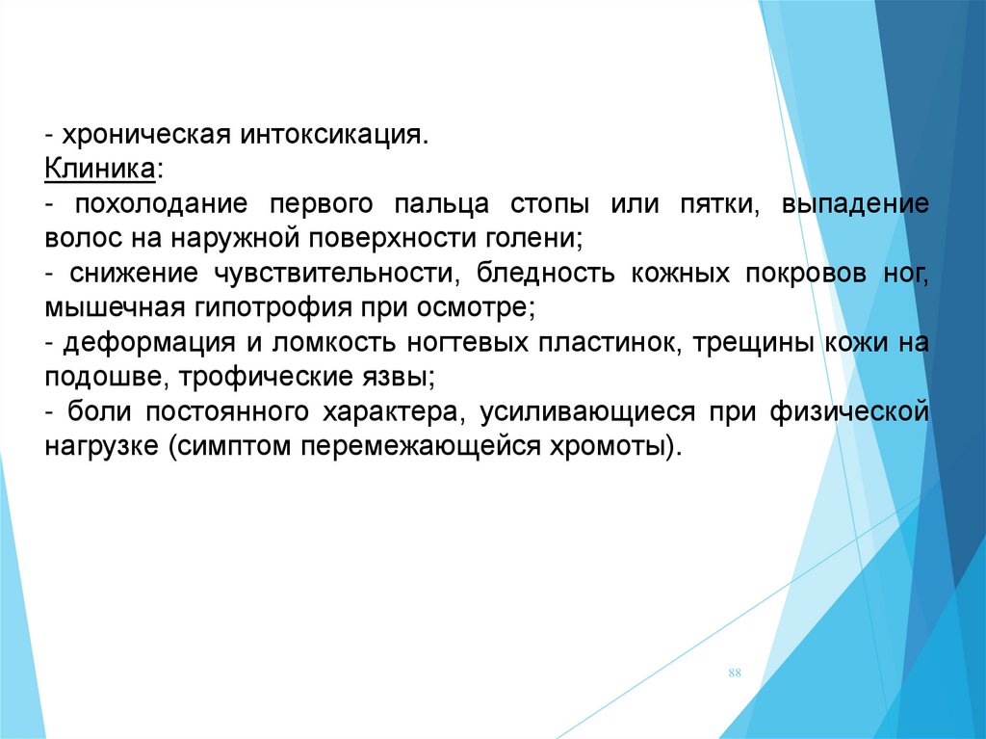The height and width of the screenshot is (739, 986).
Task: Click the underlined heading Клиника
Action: tap(100, 170)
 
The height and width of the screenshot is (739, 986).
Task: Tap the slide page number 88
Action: tap(735, 673)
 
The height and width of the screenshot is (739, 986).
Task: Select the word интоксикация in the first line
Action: tap(331, 135)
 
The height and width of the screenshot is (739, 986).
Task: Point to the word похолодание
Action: tap(161, 204)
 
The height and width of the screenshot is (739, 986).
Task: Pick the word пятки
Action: tap(719, 204)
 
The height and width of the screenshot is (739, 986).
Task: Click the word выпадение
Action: tap(855, 204)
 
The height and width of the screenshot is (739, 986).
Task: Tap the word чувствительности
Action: tap(333, 274)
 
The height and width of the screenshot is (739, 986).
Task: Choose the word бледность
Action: tap(545, 273)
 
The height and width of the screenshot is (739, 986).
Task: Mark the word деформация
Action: tap(149, 343)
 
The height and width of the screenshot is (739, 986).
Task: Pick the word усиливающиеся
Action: tap(588, 412)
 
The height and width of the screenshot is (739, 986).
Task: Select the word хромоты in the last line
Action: tap(609, 447)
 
